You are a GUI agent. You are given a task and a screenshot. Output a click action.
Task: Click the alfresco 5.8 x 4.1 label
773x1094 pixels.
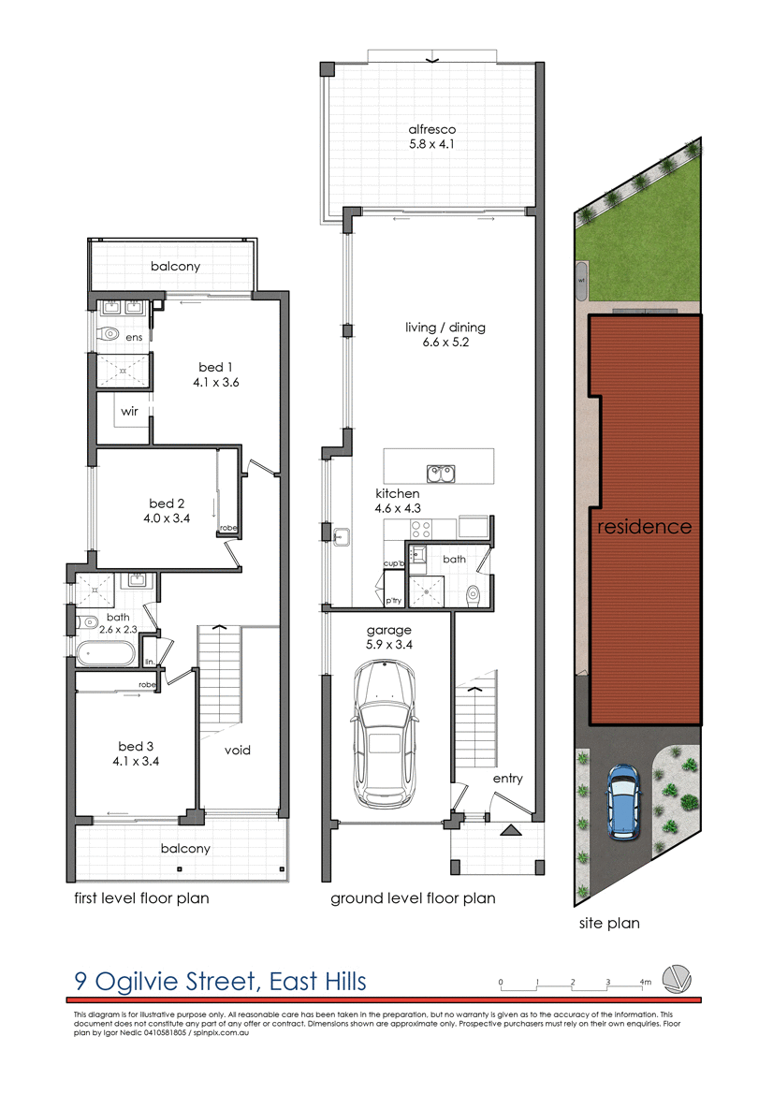pyautogui.click(x=431, y=137)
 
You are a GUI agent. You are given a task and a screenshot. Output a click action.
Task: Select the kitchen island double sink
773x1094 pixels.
pyautogui.click(x=441, y=474)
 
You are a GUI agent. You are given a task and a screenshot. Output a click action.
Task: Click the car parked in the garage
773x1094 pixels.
pyautogui.click(x=385, y=736)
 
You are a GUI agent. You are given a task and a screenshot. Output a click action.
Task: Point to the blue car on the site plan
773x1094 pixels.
pyautogui.click(x=621, y=800)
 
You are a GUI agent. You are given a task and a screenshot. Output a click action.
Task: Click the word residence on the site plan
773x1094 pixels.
pyautogui.click(x=645, y=527)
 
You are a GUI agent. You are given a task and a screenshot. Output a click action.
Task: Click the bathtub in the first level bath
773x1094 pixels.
pyautogui.click(x=105, y=653)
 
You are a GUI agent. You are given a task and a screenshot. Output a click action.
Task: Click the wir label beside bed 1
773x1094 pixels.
pyautogui.click(x=129, y=410)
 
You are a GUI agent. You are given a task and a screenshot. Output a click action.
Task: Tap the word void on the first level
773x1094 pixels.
pyautogui.click(x=237, y=750)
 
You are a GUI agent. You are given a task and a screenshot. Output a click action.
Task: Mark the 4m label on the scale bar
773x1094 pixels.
pyautogui.click(x=645, y=982)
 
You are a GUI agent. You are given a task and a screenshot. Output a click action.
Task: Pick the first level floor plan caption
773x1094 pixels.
pyautogui.click(x=141, y=898)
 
